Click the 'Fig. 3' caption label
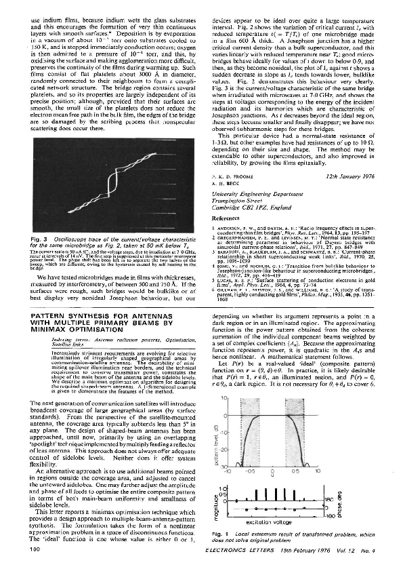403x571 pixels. (42, 240)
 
